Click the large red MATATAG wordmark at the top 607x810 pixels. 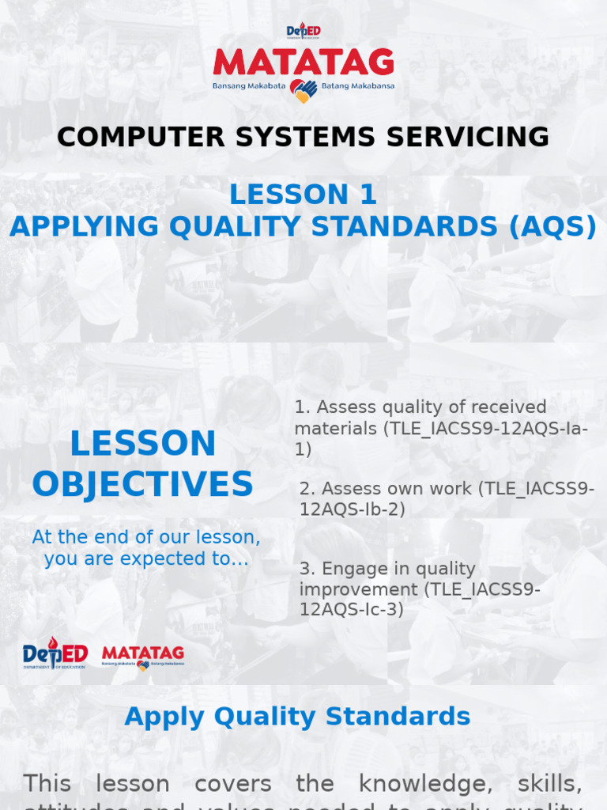pos(303,63)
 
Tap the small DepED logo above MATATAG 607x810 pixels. pos(303,32)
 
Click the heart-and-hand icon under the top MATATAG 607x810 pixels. pos(303,91)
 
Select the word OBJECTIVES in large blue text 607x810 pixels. pos(142,484)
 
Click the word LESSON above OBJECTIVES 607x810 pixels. pos(142,444)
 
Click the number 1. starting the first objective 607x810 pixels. pos(303,407)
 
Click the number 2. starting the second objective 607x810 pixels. pos(307,489)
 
